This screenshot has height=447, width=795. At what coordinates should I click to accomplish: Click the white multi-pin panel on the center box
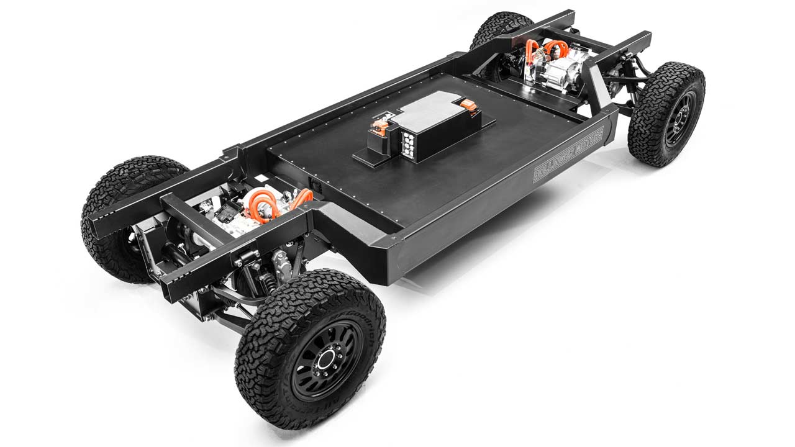pyautogui.click(x=411, y=142)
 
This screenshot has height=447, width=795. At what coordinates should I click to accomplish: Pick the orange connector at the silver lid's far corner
pyautogui.click(x=470, y=106)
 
